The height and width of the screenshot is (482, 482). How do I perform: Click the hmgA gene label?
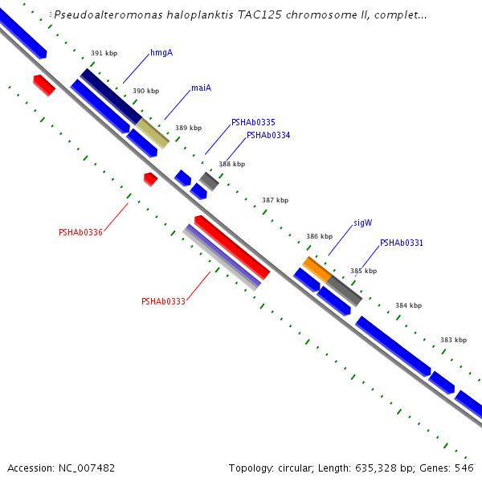click(161, 53)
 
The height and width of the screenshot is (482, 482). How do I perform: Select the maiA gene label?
click(201, 88)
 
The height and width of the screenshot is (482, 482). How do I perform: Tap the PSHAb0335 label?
click(253, 123)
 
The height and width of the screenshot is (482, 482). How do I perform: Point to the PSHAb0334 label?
click(268, 136)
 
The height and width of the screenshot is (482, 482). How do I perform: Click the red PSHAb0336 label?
click(80, 233)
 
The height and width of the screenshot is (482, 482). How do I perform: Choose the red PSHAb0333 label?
click(163, 302)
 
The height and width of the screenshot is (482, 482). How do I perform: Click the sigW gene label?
click(362, 223)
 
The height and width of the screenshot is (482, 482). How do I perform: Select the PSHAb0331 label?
click(402, 243)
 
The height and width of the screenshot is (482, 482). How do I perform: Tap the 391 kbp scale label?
click(104, 54)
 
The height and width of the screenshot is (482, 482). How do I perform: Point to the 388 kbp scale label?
click(231, 165)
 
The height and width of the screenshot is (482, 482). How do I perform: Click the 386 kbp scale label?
click(319, 237)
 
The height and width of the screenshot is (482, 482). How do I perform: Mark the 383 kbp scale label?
click(453, 340)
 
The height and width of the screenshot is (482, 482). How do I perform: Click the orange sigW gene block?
click(317, 269)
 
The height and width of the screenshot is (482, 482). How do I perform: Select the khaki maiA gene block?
click(152, 133)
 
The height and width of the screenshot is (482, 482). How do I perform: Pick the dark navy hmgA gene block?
click(111, 96)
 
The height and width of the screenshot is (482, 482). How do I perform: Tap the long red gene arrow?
click(232, 247)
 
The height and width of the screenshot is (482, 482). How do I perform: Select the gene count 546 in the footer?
click(464, 468)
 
